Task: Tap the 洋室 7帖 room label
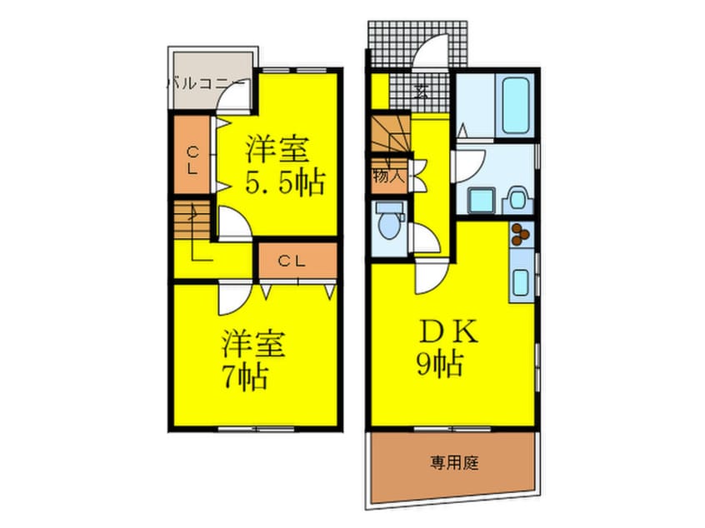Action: pyautogui.click(x=253, y=359)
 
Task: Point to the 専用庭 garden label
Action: pyautogui.click(x=454, y=463)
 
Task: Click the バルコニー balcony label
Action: pyautogui.click(x=206, y=82)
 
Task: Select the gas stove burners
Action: pyautogui.click(x=522, y=234)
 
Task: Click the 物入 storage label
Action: pyautogui.click(x=387, y=177)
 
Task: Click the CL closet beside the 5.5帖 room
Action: pyautogui.click(x=192, y=158)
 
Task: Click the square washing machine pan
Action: pyautogui.click(x=480, y=201)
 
